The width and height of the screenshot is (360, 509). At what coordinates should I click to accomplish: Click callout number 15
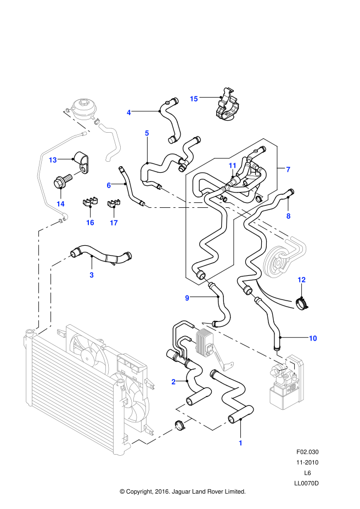194,99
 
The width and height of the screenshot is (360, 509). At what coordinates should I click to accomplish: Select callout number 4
129,112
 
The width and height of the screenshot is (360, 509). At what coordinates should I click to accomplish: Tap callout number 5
147,133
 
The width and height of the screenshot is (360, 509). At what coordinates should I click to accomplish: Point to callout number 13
53,160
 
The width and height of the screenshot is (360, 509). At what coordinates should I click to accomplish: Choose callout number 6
109,185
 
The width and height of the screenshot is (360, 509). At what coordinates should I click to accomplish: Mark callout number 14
60,204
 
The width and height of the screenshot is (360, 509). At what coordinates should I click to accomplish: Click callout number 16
90,223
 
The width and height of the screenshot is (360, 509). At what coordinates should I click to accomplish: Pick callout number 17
114,223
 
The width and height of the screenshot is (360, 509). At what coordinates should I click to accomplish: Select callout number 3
92,275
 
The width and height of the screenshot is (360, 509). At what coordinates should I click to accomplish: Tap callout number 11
233,166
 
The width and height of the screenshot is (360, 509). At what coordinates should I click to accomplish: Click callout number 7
288,169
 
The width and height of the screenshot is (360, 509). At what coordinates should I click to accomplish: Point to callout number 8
289,216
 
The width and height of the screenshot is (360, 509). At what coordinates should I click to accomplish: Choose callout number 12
301,280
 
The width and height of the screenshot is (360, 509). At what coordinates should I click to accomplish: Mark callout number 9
187,298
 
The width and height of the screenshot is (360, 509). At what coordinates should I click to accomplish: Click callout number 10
313,338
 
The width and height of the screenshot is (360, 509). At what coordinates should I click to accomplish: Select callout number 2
173,382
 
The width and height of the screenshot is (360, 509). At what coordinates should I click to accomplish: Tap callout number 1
240,443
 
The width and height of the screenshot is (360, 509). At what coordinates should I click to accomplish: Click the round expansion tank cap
83,103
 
